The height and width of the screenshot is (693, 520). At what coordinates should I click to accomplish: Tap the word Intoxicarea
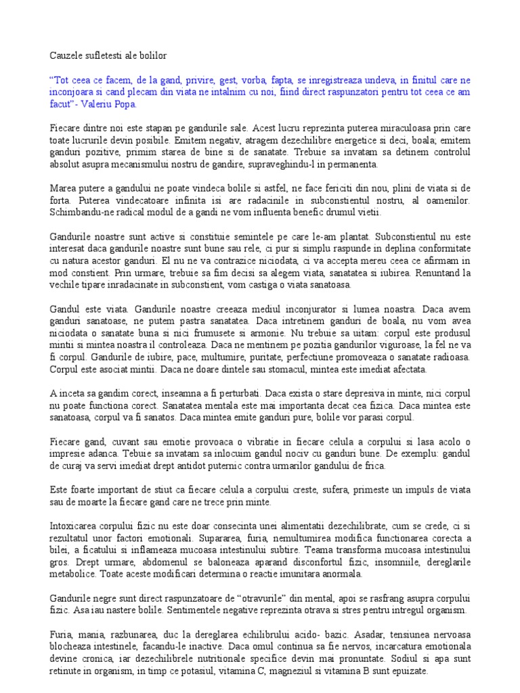tap(77, 525)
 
